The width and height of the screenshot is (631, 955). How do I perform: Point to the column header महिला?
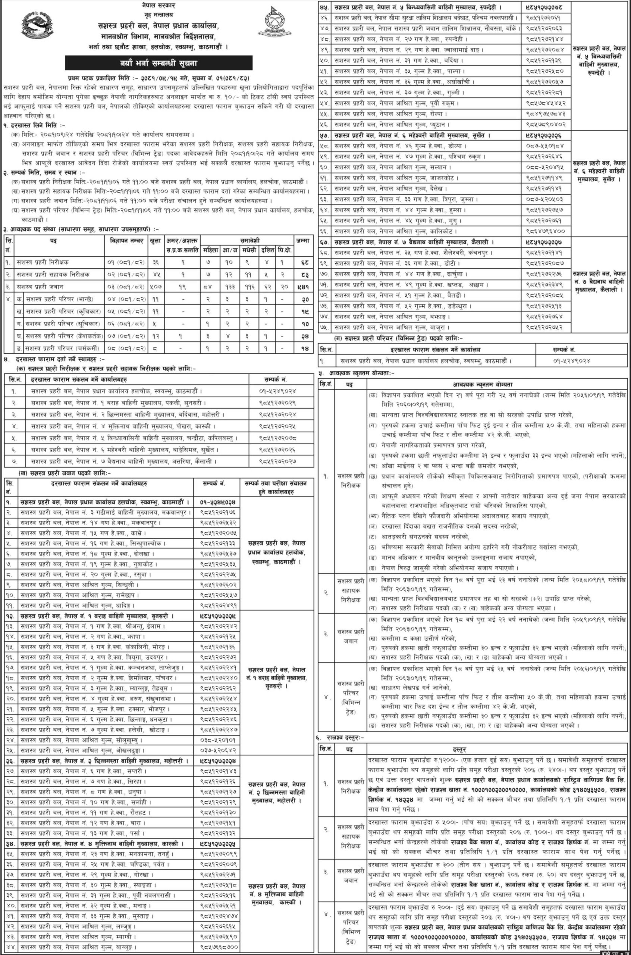[210, 250]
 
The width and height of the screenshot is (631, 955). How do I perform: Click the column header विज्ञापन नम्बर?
[126, 241]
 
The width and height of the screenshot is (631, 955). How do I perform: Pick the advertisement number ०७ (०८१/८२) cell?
[126, 336]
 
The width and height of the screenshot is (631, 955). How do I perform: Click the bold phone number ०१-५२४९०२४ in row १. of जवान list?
[217, 502]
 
